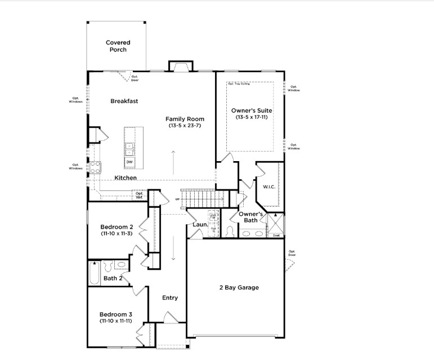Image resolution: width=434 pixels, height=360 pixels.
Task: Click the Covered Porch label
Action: [118, 46]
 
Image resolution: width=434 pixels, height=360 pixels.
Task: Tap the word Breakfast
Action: [124, 101]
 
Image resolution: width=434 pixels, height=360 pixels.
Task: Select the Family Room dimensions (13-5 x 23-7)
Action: [185, 126]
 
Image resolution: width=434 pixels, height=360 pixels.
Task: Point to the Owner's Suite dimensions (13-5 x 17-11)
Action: [252, 117]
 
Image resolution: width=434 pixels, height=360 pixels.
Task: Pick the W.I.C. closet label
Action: [269, 186]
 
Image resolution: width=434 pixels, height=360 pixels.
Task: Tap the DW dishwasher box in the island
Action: [129, 162]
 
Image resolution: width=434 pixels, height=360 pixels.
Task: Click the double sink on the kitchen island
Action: [129, 148]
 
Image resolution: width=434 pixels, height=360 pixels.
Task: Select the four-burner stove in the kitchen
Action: [96, 167]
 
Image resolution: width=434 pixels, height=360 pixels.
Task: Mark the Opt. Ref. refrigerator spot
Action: [138, 195]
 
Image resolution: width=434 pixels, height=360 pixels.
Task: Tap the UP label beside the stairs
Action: [177, 199]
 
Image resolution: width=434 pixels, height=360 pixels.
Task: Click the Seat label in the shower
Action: [276, 235]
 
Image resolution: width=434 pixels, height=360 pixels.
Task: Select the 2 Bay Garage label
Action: [239, 287]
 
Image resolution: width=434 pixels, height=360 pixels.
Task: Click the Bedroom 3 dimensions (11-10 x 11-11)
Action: [116, 321]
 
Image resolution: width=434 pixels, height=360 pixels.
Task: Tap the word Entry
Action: [170, 297]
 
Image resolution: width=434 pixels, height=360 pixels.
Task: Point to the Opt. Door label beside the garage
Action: [292, 253]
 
